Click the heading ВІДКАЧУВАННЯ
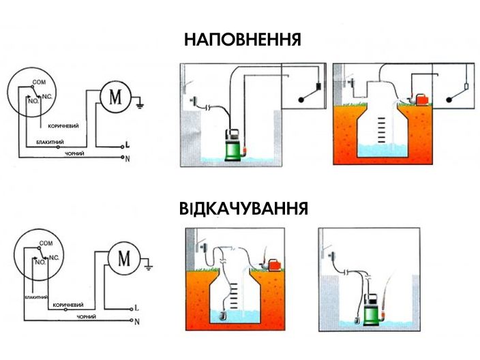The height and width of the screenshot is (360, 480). pyautogui.click(x=242, y=207)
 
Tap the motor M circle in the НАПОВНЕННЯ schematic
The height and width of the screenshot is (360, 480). pyautogui.click(x=115, y=97)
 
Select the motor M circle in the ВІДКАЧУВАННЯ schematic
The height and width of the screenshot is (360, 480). pyautogui.click(x=123, y=258)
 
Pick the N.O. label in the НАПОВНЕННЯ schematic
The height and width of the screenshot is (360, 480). pyautogui.click(x=31, y=102)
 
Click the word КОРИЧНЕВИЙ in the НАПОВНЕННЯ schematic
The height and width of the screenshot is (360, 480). pyautogui.click(x=63, y=126)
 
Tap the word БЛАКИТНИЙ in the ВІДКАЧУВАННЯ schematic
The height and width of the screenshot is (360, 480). pyautogui.click(x=35, y=298)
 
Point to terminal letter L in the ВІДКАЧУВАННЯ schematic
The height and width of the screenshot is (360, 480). pyautogui.click(x=136, y=307)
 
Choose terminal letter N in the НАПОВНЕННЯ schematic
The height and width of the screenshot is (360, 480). pyautogui.click(x=127, y=158)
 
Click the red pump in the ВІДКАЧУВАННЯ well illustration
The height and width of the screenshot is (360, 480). pyautogui.click(x=275, y=263)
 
